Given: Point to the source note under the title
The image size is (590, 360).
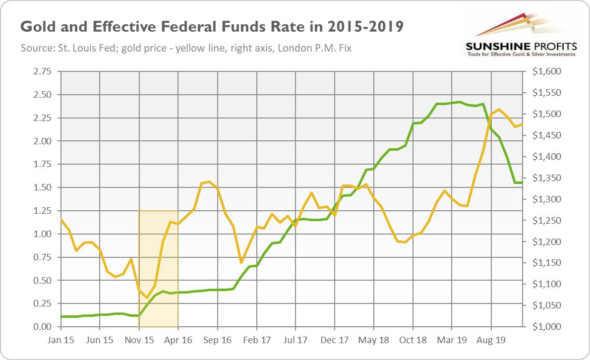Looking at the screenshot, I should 186,49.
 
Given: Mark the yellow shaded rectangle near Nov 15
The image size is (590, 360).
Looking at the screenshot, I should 158,268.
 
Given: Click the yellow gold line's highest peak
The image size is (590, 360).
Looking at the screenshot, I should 499,110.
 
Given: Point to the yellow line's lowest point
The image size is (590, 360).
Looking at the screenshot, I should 147,298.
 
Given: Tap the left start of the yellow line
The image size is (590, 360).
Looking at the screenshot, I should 61,219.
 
